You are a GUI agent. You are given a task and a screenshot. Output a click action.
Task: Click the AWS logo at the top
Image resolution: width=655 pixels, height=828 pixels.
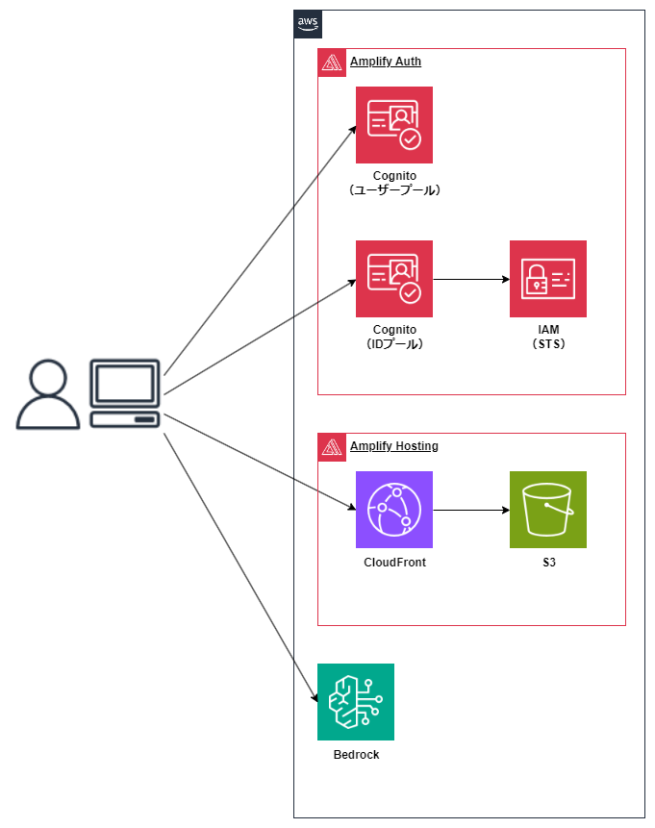[x=308, y=24]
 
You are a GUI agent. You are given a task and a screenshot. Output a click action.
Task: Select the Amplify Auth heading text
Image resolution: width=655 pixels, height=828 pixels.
[x=385, y=62]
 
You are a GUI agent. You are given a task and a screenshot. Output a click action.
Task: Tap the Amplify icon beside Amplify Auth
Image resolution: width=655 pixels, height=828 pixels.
[x=332, y=63]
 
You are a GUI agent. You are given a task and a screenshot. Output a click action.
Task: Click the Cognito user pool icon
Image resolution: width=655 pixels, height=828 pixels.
[x=394, y=125]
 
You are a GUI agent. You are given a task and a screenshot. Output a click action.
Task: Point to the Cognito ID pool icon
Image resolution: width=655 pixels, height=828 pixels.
[x=394, y=279]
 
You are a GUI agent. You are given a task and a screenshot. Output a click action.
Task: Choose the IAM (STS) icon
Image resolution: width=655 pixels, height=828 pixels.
[x=548, y=279]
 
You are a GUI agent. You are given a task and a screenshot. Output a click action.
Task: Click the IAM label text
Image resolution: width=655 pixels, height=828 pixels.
[x=548, y=330]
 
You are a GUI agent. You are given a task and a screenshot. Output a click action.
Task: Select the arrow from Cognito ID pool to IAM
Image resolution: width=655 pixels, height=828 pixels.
[x=471, y=280]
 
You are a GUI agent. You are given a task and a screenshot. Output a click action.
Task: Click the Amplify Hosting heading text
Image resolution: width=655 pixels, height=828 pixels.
[x=393, y=446]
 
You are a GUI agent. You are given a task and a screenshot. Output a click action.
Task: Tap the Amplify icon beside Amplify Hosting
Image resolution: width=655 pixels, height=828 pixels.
[x=332, y=447]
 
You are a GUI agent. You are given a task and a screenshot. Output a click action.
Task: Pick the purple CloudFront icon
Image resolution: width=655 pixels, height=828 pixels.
[x=394, y=510]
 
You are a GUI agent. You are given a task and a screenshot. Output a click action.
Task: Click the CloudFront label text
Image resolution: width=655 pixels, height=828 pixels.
[x=394, y=563]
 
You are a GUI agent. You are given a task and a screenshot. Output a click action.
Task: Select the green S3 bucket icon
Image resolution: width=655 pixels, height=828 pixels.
[x=548, y=510]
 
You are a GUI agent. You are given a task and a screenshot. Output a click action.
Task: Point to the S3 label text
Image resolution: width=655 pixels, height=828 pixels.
[x=548, y=563]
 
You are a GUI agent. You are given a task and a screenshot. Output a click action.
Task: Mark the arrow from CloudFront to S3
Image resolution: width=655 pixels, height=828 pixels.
[x=471, y=511]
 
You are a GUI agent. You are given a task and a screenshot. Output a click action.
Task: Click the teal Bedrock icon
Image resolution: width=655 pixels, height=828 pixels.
[x=356, y=702]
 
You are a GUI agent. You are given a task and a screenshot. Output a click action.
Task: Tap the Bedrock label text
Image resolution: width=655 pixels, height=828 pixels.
[x=356, y=755]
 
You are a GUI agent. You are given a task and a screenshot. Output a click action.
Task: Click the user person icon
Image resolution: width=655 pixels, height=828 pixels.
[x=48, y=394]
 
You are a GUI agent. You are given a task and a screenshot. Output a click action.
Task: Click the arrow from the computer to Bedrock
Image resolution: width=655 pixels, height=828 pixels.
[x=240, y=567]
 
